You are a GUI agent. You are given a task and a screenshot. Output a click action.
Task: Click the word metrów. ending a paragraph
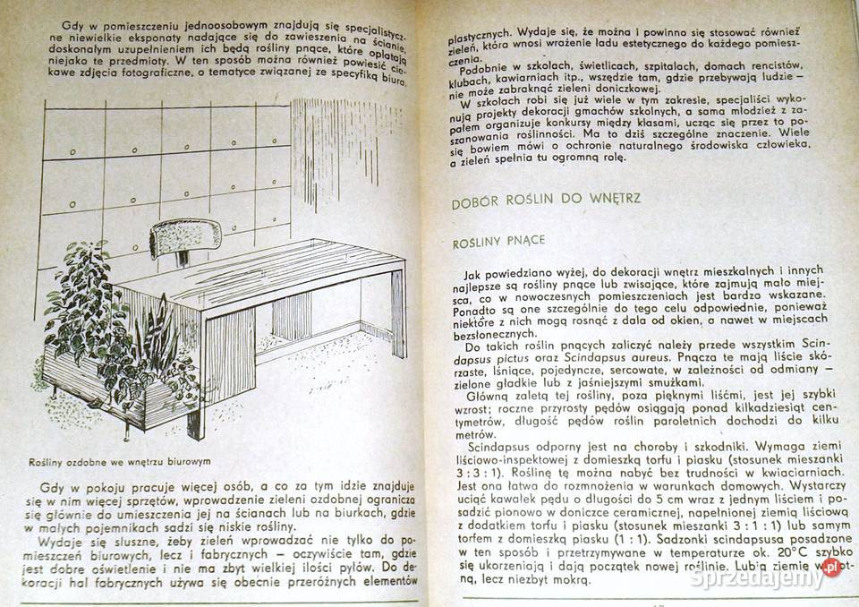pos(474,430)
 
